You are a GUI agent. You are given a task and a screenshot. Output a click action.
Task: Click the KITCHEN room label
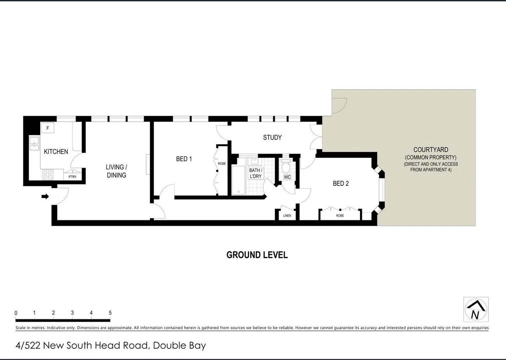point(56,152)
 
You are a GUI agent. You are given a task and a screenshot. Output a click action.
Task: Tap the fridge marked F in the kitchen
point(48,128)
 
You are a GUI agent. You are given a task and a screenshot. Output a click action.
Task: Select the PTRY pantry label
point(72,177)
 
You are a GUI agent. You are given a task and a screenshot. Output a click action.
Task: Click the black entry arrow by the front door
point(45,197)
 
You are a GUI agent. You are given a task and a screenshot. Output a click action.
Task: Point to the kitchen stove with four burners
point(47,175)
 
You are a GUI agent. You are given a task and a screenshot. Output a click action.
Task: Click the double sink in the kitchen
point(34,143)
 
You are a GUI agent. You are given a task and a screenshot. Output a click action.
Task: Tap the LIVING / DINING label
point(116,171)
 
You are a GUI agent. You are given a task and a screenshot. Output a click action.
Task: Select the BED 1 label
point(184,159)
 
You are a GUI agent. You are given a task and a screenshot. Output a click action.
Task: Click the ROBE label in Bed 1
point(222,164)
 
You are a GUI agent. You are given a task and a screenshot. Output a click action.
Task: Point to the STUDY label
point(272,137)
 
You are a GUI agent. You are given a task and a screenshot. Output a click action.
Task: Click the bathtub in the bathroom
point(238,180)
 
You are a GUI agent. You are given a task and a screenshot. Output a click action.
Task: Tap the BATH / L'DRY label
point(256,173)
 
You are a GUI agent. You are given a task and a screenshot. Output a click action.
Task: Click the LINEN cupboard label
point(287,216)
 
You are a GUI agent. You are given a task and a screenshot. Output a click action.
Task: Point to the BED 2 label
point(341,183)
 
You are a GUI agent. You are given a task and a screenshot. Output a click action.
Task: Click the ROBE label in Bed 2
point(340,216)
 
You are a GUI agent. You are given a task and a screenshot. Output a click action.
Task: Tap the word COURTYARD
point(431,150)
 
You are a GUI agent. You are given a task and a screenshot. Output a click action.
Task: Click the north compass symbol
point(476,310)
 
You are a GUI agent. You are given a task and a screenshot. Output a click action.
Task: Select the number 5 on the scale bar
point(110,313)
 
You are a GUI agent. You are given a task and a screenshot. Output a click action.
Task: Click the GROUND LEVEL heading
point(257,255)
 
